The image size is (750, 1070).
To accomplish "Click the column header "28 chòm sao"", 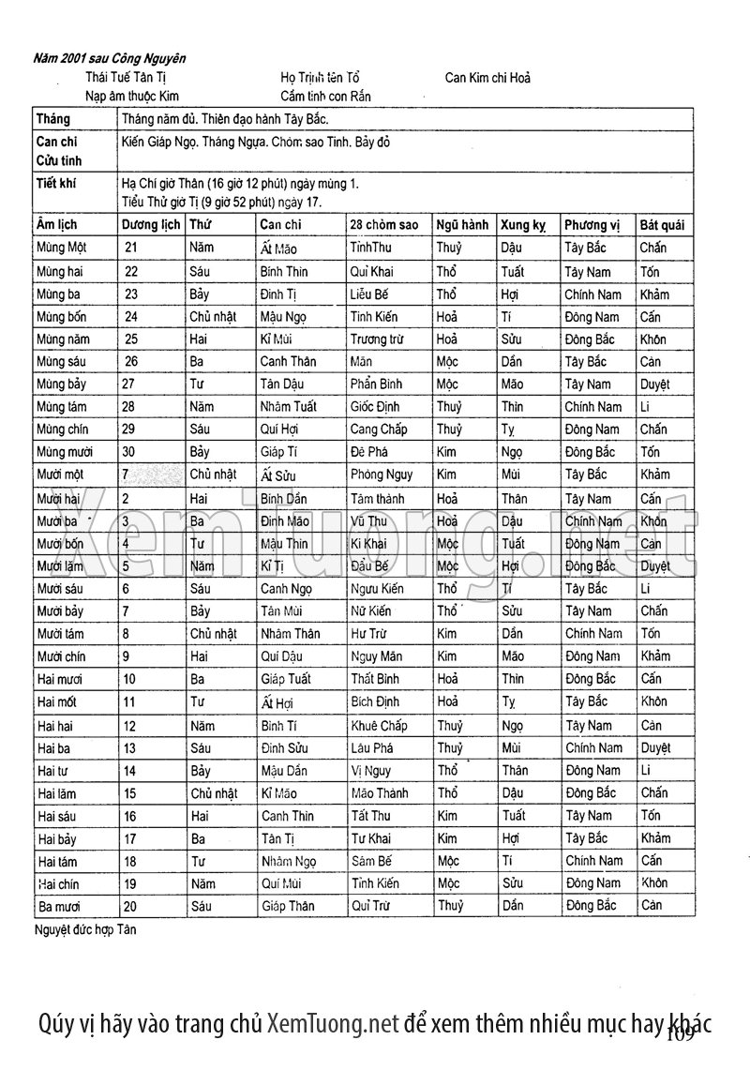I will click(x=383, y=225).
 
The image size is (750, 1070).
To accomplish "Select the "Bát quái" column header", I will click(x=662, y=225).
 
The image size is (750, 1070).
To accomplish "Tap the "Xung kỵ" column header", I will click(x=523, y=225).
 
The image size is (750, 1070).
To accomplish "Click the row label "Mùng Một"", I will click(x=61, y=248).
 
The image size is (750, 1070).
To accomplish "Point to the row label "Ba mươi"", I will click(x=59, y=906).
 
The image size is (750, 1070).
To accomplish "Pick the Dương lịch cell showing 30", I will click(x=131, y=451).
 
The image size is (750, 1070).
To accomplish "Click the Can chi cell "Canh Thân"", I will click(x=288, y=361).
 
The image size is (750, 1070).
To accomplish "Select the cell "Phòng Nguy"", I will click(x=382, y=475).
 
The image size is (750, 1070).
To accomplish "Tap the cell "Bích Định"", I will click(x=379, y=701).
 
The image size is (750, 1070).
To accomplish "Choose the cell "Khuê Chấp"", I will click(x=379, y=725).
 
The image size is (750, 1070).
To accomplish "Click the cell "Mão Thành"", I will click(x=380, y=792).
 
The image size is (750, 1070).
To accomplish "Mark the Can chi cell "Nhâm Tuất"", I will click(x=288, y=406).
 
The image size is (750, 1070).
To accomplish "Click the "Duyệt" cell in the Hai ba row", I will click(x=655, y=748).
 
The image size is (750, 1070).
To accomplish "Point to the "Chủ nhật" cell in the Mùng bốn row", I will click(x=213, y=316).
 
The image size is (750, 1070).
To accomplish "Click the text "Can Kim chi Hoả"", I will click(x=487, y=78).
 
